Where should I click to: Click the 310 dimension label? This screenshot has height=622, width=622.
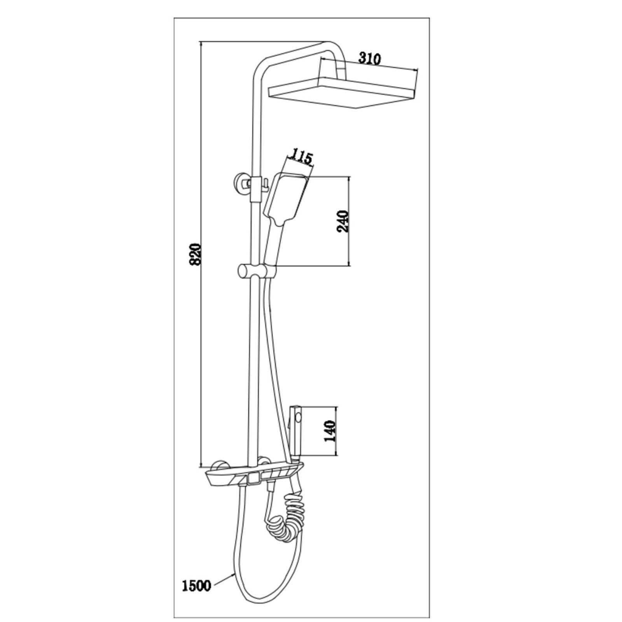click(369, 58)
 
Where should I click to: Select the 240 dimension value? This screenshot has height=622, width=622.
click(342, 222)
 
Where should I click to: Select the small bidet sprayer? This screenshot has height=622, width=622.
click(295, 432)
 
